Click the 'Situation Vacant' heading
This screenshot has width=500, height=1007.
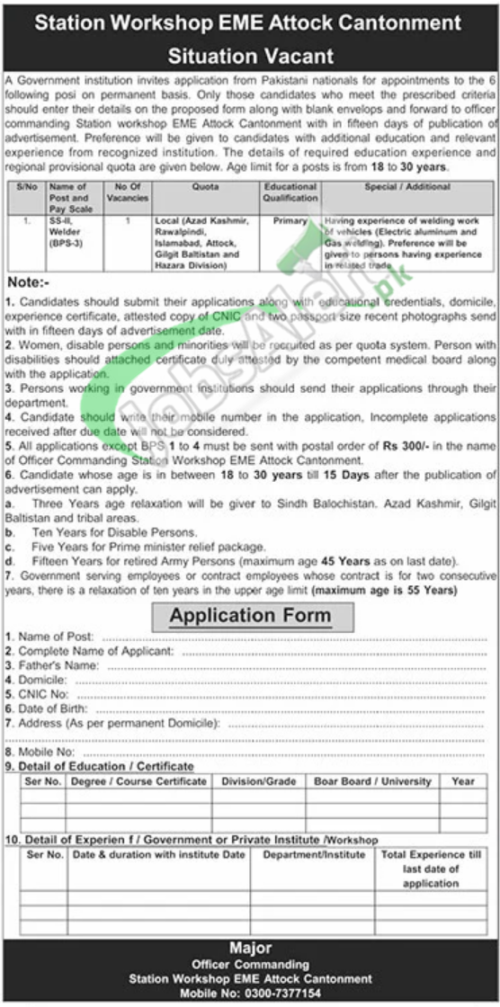tap(250, 56)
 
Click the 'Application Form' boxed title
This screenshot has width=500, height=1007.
tap(250, 616)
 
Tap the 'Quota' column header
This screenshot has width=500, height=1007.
tap(205, 187)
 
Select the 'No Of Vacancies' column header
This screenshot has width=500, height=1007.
tap(126, 192)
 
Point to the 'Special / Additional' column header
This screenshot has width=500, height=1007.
tap(408, 187)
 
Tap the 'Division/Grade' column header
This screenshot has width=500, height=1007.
tap(259, 781)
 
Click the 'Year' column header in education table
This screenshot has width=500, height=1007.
tap(463, 781)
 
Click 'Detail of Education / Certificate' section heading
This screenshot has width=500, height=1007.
tap(104, 766)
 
